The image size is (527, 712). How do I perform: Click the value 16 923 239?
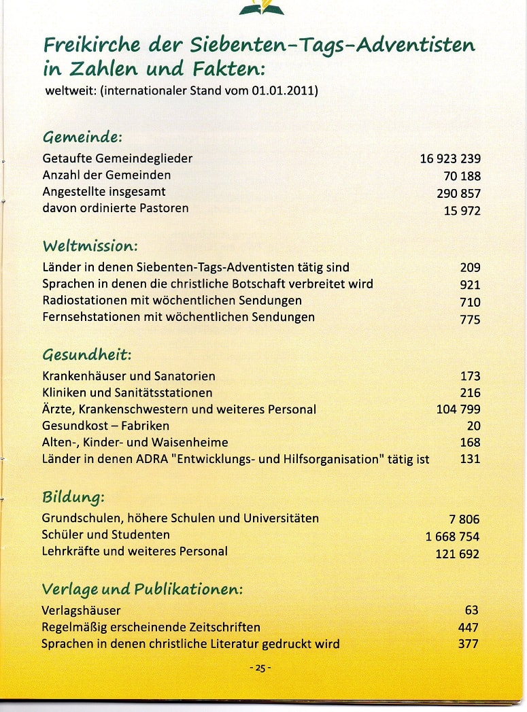coord(449,159)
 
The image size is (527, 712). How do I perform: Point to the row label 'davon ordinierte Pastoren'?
coord(115,208)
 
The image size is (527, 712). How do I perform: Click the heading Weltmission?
coord(90,245)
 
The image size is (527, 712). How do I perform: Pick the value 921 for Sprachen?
coord(470,286)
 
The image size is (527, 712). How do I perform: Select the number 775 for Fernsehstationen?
coord(470,320)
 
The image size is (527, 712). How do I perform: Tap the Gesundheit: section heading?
coord(86,354)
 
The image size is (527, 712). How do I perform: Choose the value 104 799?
coord(458,409)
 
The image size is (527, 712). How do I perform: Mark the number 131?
coord(470,459)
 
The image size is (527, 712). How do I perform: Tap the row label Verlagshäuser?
coord(81,610)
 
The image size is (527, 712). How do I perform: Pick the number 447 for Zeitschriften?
coord(468,627)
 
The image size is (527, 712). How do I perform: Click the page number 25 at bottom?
coord(260,668)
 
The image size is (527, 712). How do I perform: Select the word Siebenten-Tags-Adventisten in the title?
coord(331,46)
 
